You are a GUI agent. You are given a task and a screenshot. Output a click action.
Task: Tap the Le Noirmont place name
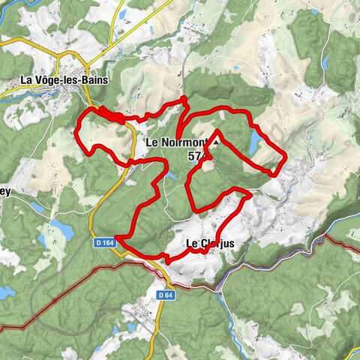[x=173, y=142]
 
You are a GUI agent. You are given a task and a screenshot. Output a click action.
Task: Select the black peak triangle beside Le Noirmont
[x=217, y=140]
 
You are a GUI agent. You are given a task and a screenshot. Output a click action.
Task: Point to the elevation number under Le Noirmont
[x=197, y=156]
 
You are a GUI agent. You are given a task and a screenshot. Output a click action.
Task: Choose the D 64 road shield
[x=165, y=293]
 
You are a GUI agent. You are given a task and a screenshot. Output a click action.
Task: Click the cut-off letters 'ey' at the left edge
[x=6, y=191]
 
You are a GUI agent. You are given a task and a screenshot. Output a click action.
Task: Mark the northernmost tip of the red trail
[x=184, y=99]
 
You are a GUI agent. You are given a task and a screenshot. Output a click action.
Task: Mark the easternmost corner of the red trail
[x=284, y=156]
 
